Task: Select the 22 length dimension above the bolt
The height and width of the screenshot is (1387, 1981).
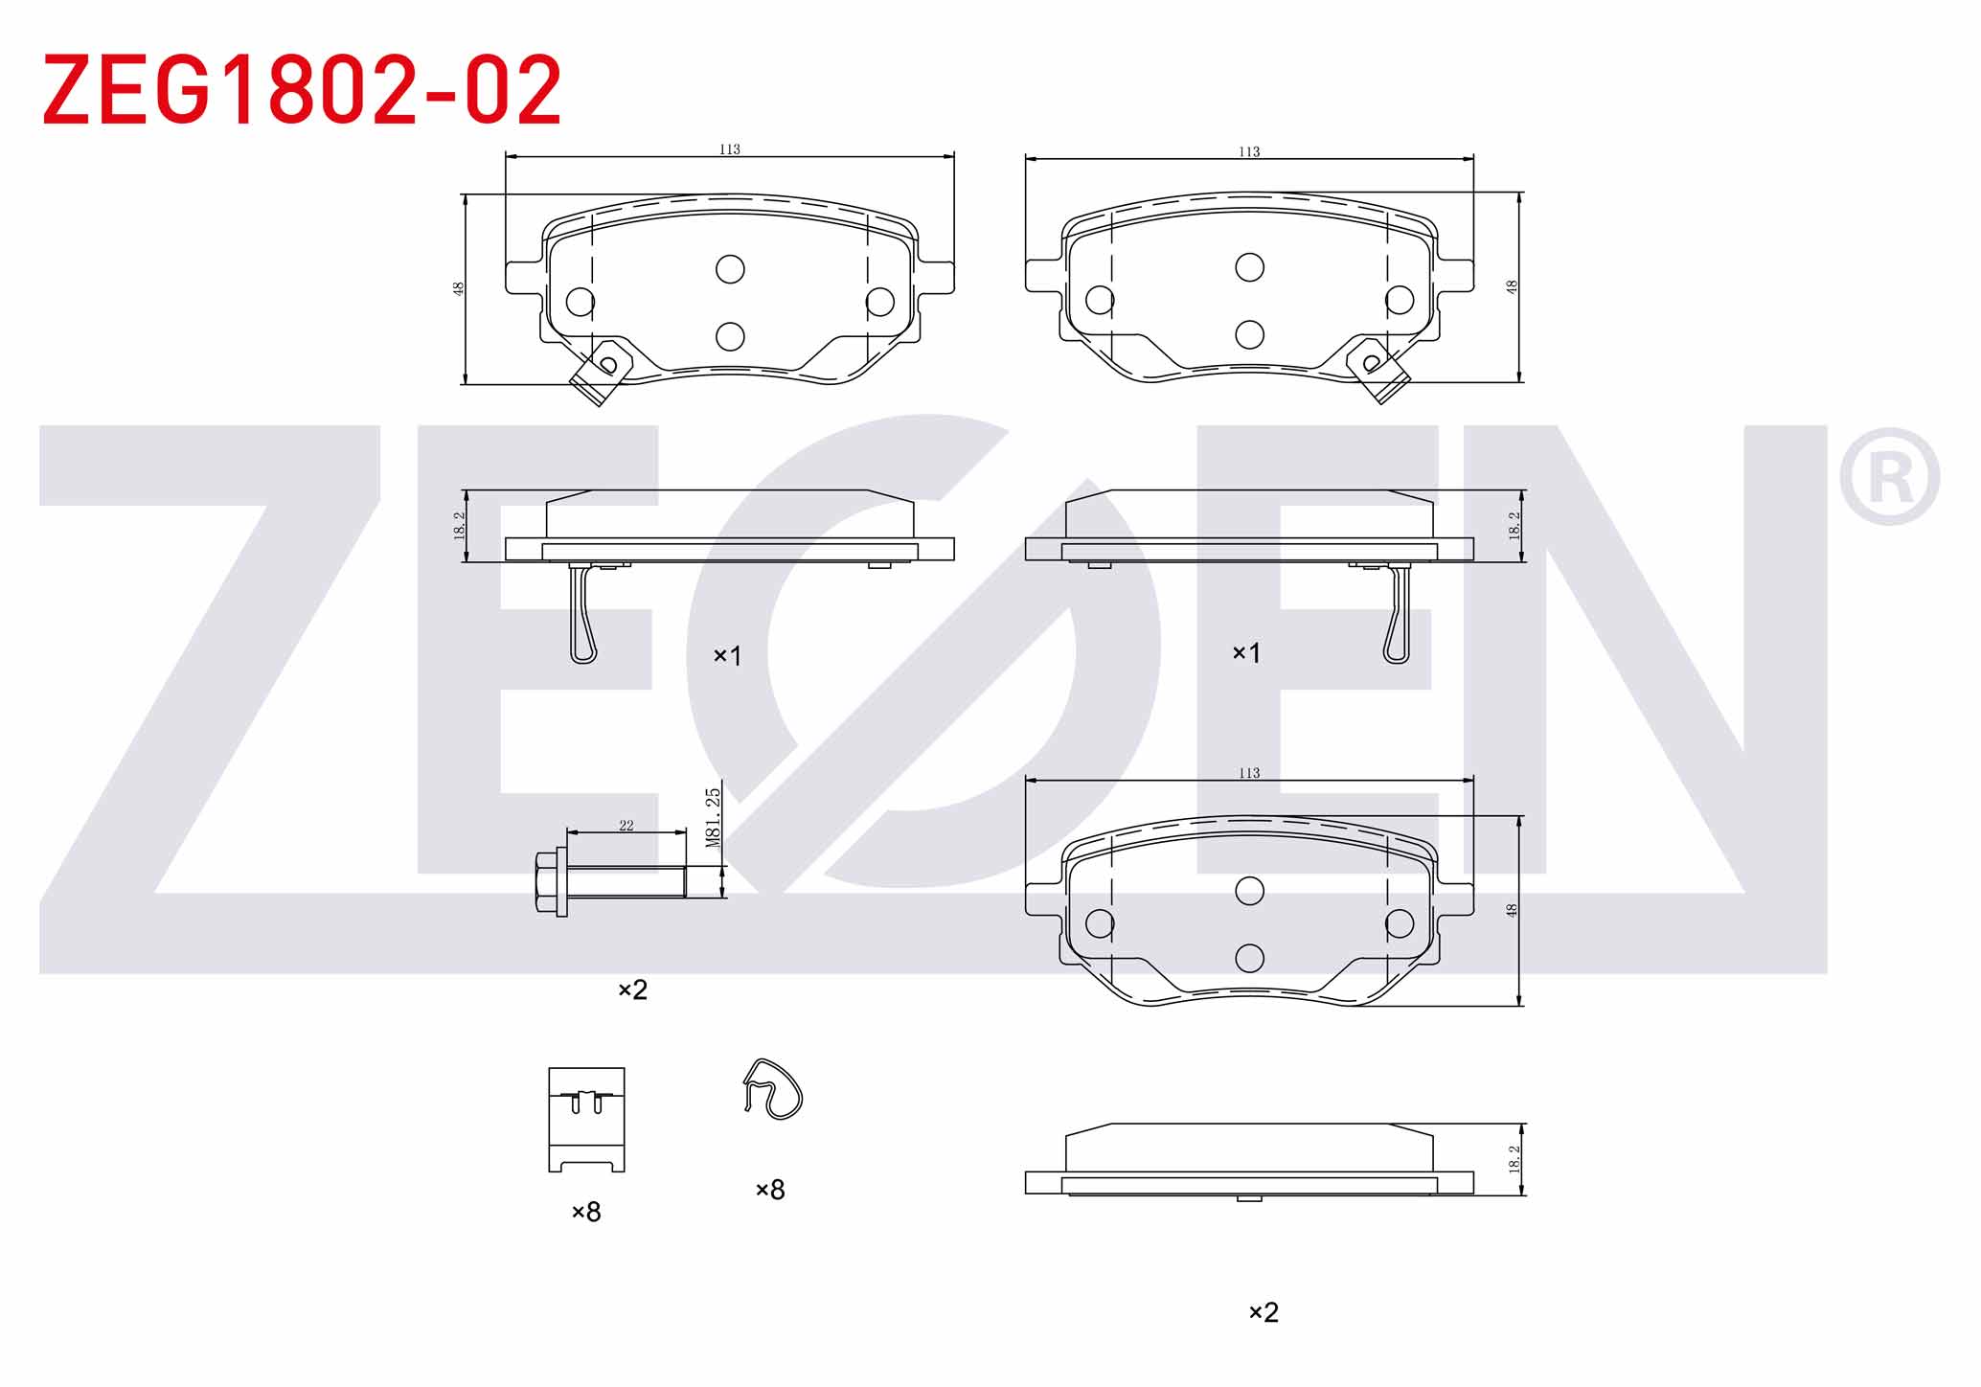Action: [626, 826]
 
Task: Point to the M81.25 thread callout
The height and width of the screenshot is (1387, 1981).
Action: [713, 817]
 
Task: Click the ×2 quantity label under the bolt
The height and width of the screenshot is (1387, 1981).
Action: [632, 989]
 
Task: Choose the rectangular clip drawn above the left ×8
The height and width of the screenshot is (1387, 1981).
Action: [586, 1120]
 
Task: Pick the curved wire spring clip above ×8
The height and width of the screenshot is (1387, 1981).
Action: [772, 1089]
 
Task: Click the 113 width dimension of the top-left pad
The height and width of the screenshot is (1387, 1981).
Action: [730, 149]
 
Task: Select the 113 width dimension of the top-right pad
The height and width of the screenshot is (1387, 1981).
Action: [1249, 151]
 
